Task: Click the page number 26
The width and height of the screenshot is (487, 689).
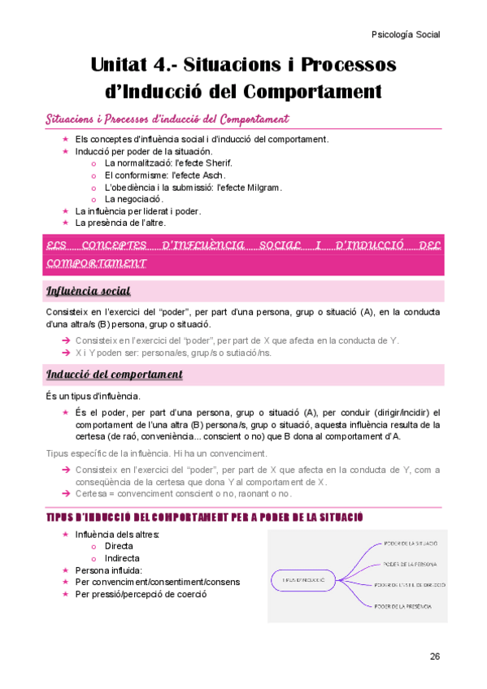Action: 435,656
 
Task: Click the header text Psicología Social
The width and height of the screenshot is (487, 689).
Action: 405,35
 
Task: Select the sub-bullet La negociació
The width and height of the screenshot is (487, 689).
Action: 134,199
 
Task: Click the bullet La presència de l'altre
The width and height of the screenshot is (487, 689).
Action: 120,222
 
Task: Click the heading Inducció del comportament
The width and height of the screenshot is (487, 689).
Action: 114,375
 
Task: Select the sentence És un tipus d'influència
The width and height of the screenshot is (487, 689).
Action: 93,396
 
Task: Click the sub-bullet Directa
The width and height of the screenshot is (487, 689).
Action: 119,547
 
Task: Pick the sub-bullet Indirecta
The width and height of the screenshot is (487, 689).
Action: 122,558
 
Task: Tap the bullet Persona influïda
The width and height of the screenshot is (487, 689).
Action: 110,570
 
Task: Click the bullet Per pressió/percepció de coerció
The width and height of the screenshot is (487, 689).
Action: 141,594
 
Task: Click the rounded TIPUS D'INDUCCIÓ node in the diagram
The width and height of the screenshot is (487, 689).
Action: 300,579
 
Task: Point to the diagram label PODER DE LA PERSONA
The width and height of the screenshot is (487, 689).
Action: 410,563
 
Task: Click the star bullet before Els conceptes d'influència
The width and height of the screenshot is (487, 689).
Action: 66,139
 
